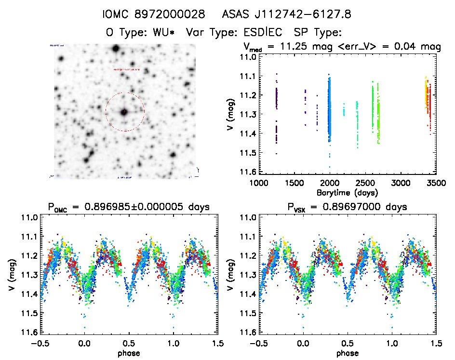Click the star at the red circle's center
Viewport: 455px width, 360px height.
tap(124, 112)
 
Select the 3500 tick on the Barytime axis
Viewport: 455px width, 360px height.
tap(436, 184)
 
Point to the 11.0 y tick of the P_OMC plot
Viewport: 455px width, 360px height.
tap(27, 218)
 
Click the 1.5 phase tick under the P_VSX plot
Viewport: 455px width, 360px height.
tap(436, 344)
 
